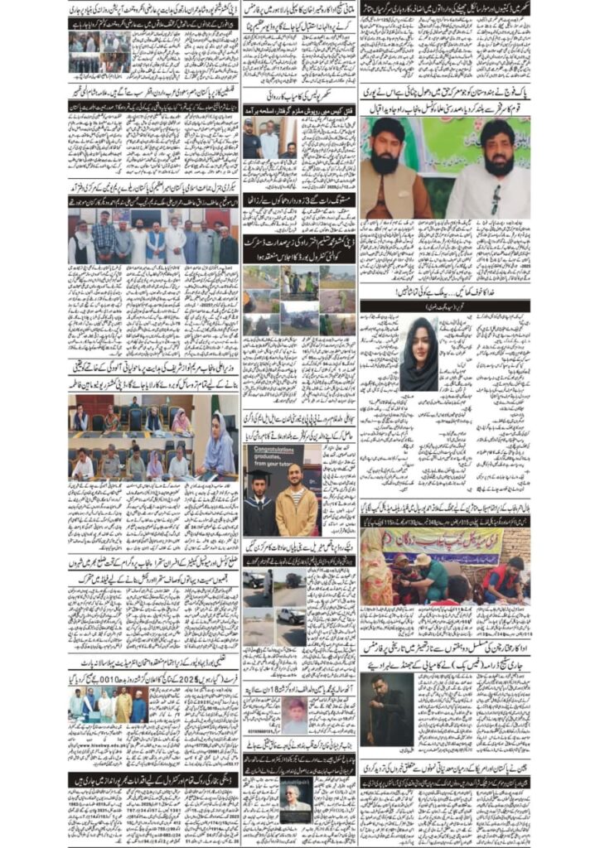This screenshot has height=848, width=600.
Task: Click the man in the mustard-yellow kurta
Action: (x=122, y=707)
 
